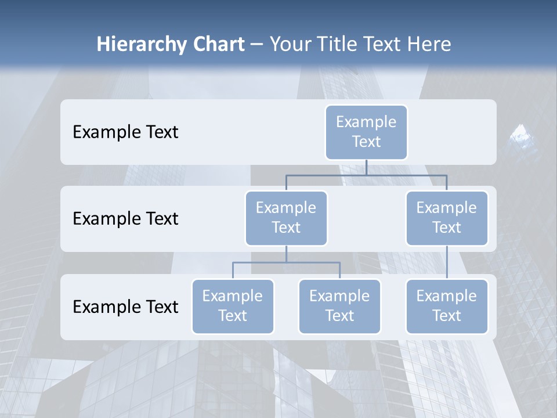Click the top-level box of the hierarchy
tap(366, 132)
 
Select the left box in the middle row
tap(286, 218)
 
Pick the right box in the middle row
tap(447, 218)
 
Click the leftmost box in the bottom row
tap(233, 306)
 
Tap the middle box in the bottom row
tap(339, 306)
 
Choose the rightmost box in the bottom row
tap(447, 306)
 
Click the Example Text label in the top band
tap(125, 132)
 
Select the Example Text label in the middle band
tap(125, 219)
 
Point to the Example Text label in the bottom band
tap(125, 307)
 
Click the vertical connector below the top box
tap(366, 167)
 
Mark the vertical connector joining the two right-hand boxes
tap(447, 262)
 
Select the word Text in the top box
tap(366, 142)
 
